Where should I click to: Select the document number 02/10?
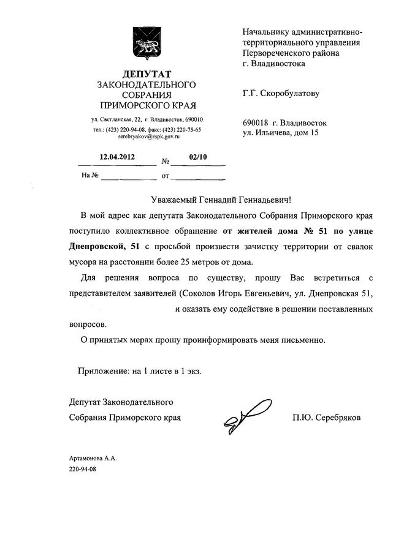198,157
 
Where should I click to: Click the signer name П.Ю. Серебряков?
327,418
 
